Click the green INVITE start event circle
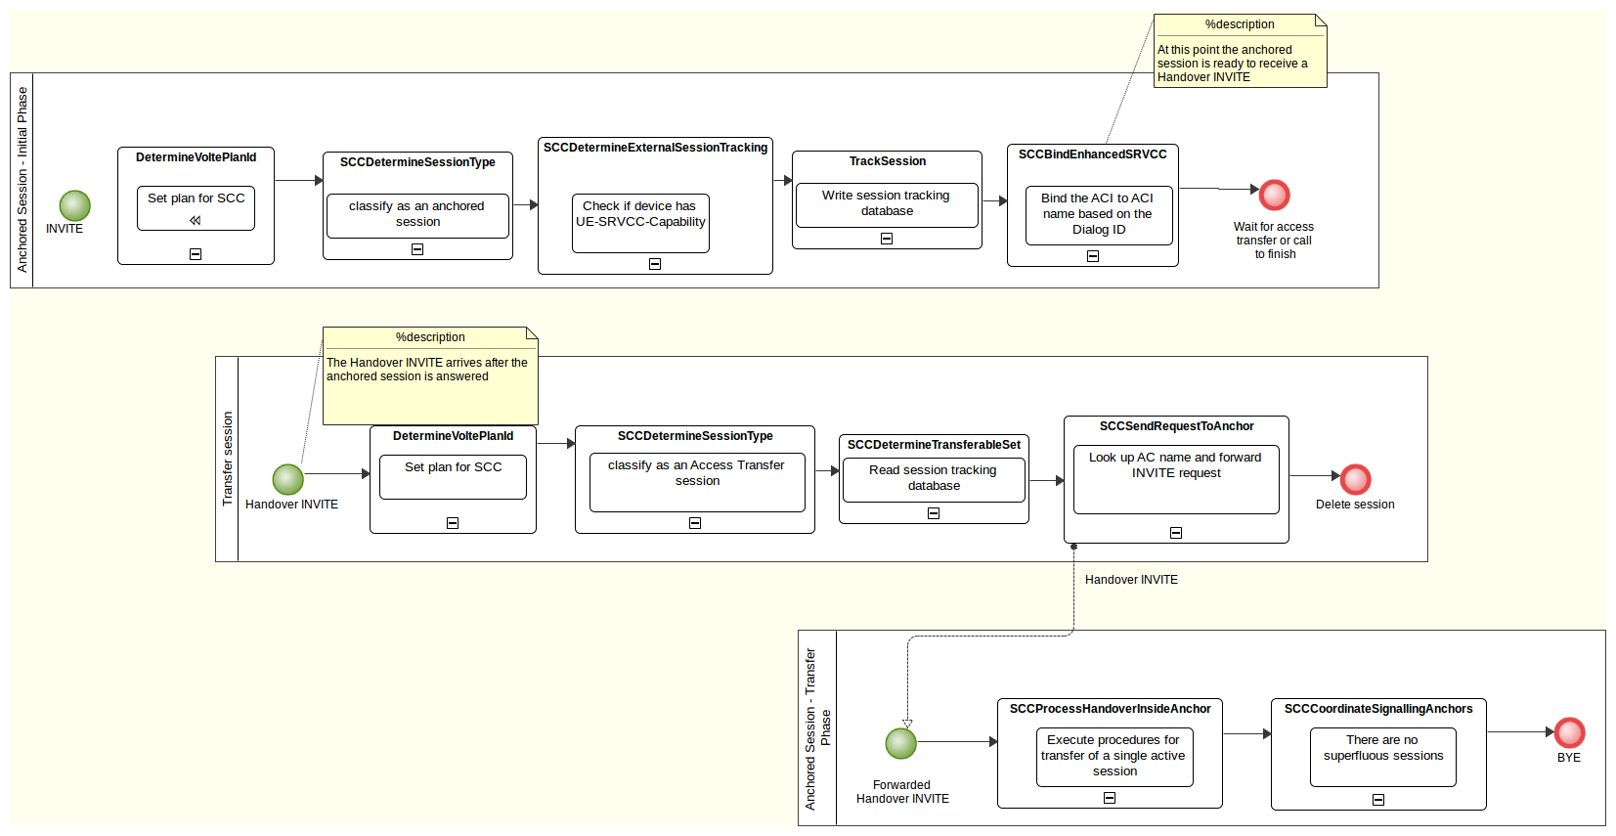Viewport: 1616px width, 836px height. tap(75, 205)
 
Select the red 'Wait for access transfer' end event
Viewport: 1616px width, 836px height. tap(1274, 195)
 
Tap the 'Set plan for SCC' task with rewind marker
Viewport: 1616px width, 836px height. tap(196, 208)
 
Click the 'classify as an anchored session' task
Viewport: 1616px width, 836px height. tap(417, 215)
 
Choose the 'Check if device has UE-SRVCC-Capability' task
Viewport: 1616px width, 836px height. tap(640, 223)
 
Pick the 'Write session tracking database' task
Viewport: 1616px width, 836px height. tap(887, 204)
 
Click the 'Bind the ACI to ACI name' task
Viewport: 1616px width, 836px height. tap(1098, 215)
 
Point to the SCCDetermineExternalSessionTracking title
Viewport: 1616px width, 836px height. tap(655, 148)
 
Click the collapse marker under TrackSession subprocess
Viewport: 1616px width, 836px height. tap(887, 239)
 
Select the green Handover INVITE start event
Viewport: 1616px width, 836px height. tap(288, 479)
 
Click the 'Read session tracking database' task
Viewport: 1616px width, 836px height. tap(933, 479)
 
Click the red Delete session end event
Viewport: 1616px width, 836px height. tap(1355, 479)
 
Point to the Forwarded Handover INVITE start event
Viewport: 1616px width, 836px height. tap(901, 743)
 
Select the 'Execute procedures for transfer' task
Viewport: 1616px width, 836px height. tap(1114, 757)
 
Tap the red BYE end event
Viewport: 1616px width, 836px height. tap(1569, 732)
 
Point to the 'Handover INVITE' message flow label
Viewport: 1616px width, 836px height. tap(1131, 580)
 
